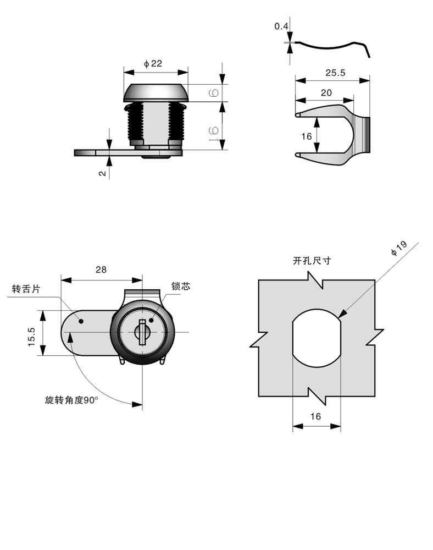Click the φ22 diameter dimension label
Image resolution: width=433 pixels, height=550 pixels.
153,64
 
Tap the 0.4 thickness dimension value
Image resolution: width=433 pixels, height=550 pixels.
281,26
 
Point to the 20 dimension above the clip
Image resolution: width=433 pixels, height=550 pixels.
326,92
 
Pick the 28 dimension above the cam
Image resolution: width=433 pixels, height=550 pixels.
101,269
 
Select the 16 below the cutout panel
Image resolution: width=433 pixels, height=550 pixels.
315,416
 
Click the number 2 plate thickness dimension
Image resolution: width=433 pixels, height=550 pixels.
102,172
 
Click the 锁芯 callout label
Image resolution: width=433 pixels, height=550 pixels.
180,286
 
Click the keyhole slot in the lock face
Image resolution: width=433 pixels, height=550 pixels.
142,332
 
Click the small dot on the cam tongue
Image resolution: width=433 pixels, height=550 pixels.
81,321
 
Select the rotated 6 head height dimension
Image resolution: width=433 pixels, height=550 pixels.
214,93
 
